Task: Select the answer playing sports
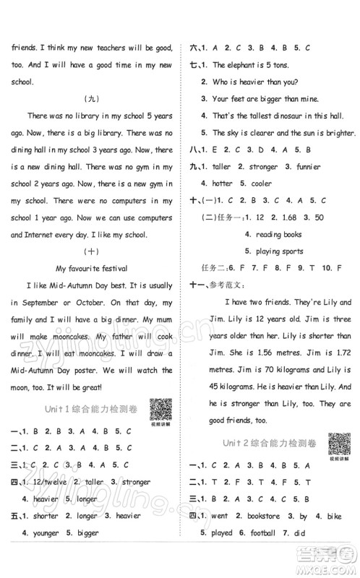point(279,251)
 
